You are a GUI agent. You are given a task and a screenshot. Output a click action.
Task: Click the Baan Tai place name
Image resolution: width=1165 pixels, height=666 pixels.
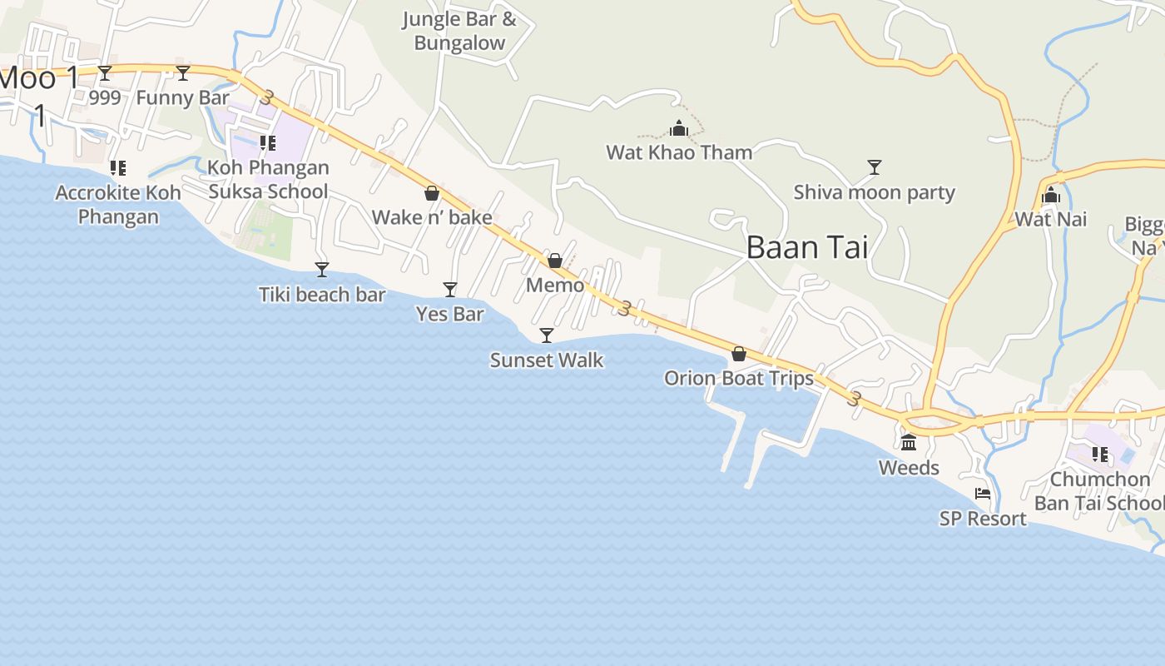[806, 247]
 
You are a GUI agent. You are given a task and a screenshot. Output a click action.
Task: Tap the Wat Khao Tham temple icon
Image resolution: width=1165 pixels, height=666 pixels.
[679, 129]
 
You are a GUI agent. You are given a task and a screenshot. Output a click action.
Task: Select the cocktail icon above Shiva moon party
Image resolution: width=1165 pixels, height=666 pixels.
[874, 167]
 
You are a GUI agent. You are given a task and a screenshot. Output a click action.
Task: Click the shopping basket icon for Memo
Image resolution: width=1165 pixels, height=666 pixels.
[555, 261]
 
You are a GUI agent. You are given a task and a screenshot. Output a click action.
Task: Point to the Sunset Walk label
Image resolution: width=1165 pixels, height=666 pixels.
[547, 360]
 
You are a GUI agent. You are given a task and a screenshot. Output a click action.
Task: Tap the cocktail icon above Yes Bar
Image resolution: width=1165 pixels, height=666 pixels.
[450, 290]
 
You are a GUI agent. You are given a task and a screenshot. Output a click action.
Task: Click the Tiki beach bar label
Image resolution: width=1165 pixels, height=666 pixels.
[322, 295]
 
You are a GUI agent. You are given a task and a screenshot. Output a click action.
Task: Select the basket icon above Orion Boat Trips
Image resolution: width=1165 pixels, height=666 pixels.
[738, 354]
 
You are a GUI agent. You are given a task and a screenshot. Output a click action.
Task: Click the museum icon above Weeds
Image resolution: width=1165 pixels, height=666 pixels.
[909, 442]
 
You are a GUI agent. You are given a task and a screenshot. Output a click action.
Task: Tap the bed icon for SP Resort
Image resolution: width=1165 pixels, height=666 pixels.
[983, 494]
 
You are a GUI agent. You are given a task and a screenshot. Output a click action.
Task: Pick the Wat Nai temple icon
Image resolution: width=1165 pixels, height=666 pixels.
[1051, 196]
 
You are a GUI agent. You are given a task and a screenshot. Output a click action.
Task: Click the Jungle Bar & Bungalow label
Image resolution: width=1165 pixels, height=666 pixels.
[459, 31]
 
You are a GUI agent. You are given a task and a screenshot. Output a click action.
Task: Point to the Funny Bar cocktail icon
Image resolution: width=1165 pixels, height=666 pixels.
[183, 73]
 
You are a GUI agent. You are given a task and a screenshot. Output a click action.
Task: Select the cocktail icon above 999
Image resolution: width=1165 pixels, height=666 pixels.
[105, 73]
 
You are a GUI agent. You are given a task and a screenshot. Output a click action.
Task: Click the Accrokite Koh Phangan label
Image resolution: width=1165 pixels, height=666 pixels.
[118, 205]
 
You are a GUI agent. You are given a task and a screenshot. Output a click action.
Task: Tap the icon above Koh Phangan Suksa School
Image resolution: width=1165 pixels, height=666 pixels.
[268, 143]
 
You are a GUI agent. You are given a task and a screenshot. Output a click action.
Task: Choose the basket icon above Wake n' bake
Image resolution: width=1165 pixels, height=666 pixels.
[432, 193]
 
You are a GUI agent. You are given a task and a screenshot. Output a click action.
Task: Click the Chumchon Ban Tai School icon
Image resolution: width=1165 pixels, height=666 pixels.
[1100, 455]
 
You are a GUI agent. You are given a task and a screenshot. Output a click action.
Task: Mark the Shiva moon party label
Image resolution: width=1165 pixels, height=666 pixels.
[874, 193]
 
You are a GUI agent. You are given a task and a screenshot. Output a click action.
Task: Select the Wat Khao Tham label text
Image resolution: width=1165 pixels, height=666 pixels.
[679, 152]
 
